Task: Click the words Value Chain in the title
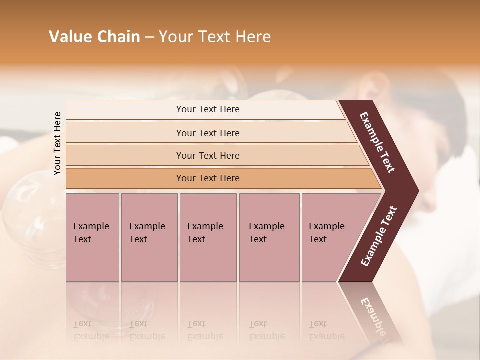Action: [94, 37]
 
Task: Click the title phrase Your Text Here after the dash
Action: [215, 37]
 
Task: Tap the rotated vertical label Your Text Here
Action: [57, 143]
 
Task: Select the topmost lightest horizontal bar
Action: [205, 109]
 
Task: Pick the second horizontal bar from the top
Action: [207, 133]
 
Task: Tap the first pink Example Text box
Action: [92, 237]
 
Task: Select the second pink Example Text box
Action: [149, 237]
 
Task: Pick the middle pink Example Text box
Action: [208, 237]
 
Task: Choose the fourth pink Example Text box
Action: [269, 237]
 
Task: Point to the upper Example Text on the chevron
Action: [378, 142]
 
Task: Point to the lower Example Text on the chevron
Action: [379, 236]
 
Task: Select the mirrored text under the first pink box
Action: [91, 331]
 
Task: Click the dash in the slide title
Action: [149, 37]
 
